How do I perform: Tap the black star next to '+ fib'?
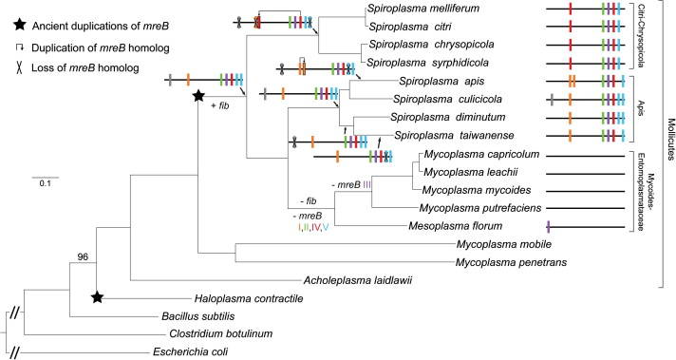[198, 96]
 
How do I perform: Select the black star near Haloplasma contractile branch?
[97, 297]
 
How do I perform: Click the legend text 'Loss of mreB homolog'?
[76, 67]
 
